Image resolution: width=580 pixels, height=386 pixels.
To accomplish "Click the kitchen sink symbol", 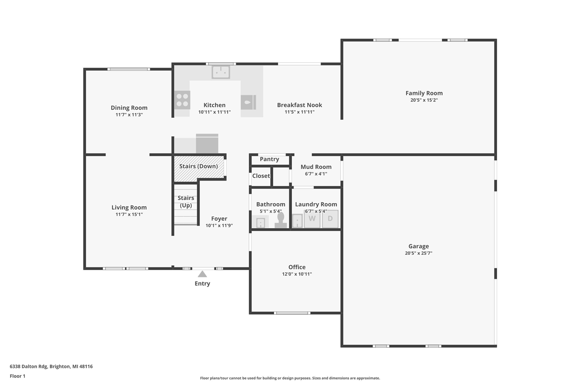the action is click(x=221, y=72).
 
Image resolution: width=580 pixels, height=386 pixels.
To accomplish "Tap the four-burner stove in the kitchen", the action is click(x=182, y=100).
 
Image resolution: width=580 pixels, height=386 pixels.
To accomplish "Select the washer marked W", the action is click(x=312, y=219).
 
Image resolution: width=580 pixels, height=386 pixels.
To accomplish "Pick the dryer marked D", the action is click(x=330, y=219).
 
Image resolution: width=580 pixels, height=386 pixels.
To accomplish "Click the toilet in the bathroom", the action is click(x=280, y=220).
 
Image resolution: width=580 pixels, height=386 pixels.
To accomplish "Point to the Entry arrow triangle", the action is click(x=202, y=274).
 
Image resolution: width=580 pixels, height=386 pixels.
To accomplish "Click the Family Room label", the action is click(x=424, y=93).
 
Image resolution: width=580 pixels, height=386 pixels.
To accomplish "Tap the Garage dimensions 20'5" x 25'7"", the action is click(x=418, y=253).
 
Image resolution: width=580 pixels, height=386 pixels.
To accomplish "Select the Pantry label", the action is click(x=269, y=159).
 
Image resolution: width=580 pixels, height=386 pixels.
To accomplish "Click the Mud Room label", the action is click(x=316, y=167).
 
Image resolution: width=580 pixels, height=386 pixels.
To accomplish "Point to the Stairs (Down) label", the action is click(x=198, y=166).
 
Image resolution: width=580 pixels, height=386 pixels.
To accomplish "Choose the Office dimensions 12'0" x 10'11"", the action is click(x=297, y=274).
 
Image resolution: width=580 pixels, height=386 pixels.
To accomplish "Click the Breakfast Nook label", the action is click(x=300, y=105).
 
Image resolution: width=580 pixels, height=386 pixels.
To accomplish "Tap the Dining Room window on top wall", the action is click(x=129, y=69).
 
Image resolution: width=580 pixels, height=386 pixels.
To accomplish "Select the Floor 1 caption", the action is click(x=18, y=376).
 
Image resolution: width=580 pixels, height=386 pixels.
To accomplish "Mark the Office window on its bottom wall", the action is click(x=292, y=313).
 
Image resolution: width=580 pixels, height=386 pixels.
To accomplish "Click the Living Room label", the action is click(x=129, y=207).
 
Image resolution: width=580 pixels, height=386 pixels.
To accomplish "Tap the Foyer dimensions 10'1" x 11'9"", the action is click(x=219, y=225).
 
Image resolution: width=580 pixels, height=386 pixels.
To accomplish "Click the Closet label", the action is click(x=261, y=176).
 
